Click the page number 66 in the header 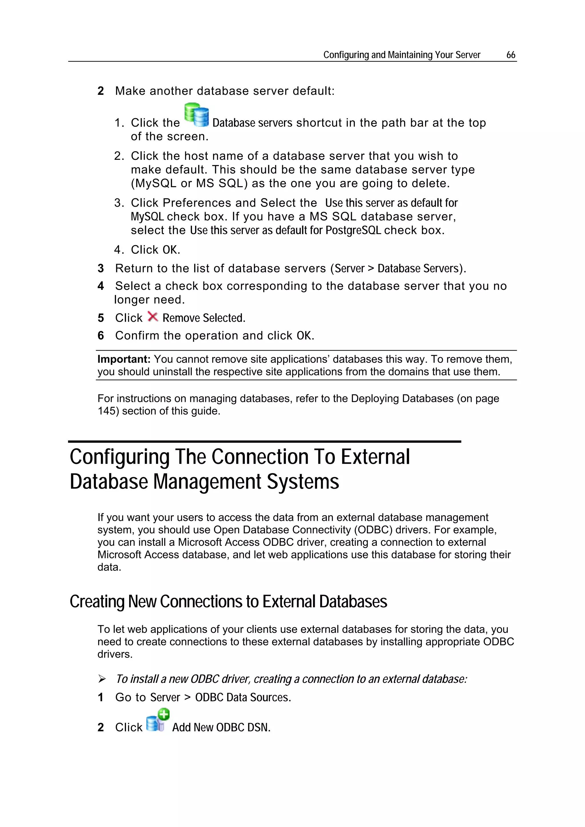(510, 55)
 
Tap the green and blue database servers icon (197, 115)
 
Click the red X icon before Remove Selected (153, 317)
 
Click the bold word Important (124, 359)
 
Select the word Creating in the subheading (97, 602)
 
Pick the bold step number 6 (101, 336)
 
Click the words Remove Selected (204, 318)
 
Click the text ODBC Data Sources (243, 698)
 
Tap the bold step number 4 (101, 286)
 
